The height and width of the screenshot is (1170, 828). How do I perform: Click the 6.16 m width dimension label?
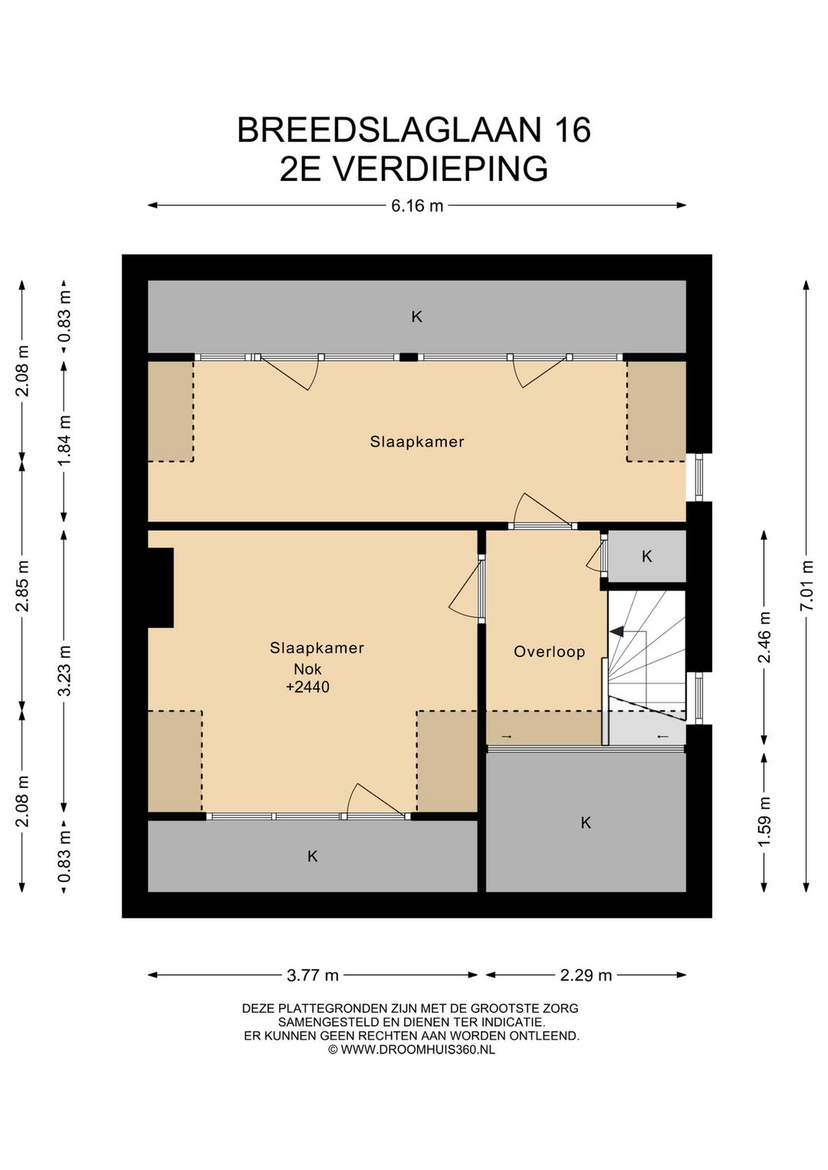click(x=417, y=205)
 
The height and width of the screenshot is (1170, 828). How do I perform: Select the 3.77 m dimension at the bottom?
click(x=313, y=974)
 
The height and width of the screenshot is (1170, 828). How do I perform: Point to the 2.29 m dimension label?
click(x=586, y=974)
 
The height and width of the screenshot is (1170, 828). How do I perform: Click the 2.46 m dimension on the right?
click(x=764, y=636)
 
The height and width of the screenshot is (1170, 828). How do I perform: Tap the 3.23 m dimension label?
click(x=64, y=671)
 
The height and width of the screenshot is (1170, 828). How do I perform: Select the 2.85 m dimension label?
click(x=22, y=586)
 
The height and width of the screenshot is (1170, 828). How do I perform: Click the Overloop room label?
click(x=549, y=652)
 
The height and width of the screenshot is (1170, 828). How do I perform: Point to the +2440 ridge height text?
click(x=307, y=687)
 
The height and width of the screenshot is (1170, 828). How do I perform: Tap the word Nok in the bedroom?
click(x=307, y=669)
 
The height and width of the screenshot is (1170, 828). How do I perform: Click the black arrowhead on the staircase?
click(x=617, y=632)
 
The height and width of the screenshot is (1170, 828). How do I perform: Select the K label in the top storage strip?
click(x=416, y=317)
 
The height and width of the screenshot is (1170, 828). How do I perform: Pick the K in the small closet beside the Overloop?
click(x=647, y=557)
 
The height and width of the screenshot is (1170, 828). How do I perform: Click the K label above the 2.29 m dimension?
click(x=586, y=823)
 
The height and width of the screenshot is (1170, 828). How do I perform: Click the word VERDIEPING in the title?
click(x=440, y=168)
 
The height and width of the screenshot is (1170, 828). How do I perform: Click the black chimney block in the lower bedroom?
click(x=161, y=587)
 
